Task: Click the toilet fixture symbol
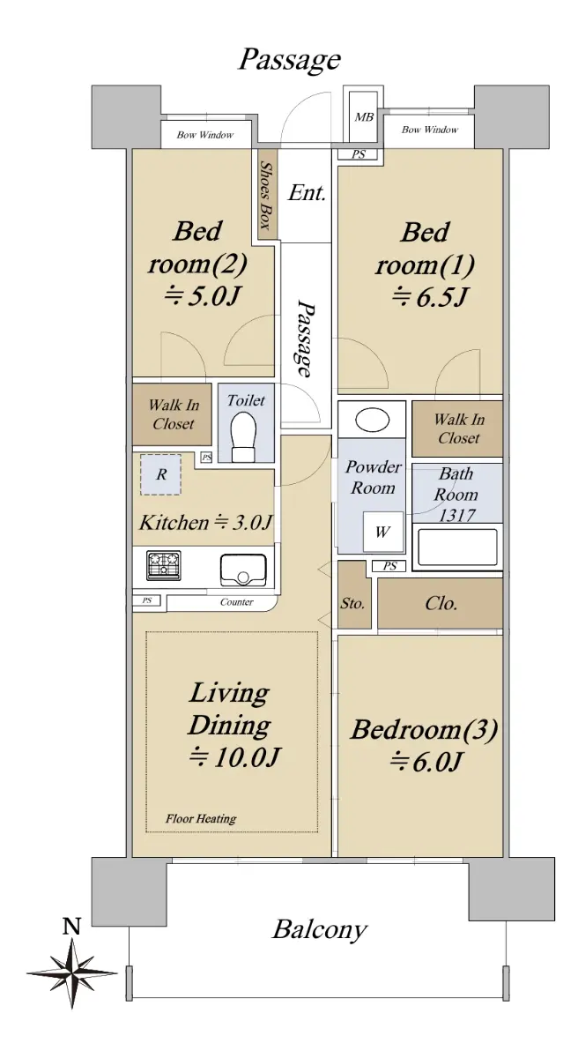[x=243, y=436]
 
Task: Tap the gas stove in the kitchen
[x=163, y=565]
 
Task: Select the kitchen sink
[x=242, y=570]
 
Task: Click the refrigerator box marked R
[x=161, y=474]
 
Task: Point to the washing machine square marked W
[x=382, y=532]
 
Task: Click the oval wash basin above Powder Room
[x=373, y=420]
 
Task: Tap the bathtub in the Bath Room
[x=457, y=548]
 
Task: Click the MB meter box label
[x=364, y=116]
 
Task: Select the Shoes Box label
[x=267, y=196]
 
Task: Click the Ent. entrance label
[x=308, y=193]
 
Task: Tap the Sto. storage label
[x=352, y=604]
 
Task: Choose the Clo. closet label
[x=441, y=603]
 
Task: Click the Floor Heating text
[x=201, y=818]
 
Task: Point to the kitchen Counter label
[x=237, y=601]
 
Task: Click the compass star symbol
[x=71, y=973]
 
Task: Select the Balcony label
[x=320, y=930]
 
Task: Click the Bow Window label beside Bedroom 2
[x=205, y=135]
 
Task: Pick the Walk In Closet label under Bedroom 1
[x=459, y=428]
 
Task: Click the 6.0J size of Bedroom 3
[x=425, y=762]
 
